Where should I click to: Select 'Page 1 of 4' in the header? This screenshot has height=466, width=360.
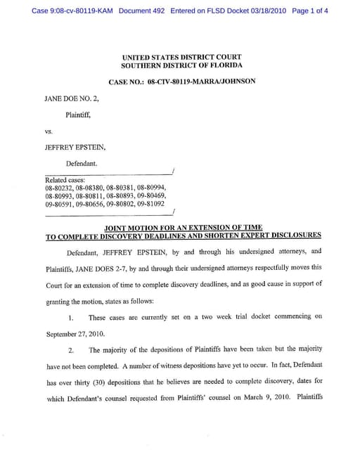click(309, 11)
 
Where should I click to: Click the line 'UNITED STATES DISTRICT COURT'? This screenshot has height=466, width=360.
click(181, 58)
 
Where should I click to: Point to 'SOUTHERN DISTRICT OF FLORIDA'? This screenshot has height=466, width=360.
click(181, 65)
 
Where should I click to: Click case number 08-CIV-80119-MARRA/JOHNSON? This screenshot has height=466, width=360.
click(200, 82)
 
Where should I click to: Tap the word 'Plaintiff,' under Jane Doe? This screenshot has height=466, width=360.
click(78, 114)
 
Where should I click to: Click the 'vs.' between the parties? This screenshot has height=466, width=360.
click(49, 131)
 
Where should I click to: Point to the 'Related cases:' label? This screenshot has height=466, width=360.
click(64, 180)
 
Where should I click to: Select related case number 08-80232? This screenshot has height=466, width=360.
click(59, 188)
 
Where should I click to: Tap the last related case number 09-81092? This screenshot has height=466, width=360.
click(153, 205)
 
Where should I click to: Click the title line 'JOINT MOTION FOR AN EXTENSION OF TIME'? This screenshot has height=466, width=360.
click(183, 228)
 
